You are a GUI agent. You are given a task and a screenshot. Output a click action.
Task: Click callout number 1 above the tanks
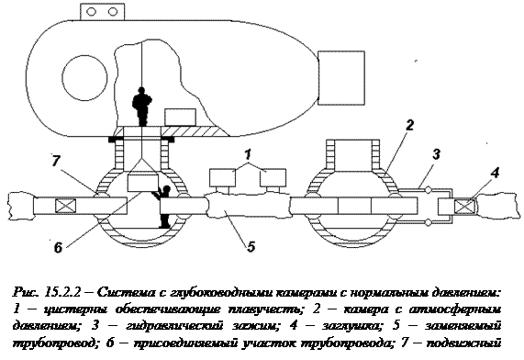(x=248, y=155)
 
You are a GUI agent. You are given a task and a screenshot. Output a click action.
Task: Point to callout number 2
(x=409, y=125)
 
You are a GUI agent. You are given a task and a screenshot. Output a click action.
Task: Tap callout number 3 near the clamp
(x=436, y=154)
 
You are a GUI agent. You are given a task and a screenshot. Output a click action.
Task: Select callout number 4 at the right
(x=495, y=173)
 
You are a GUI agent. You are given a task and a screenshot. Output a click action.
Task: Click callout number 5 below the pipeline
(x=251, y=246)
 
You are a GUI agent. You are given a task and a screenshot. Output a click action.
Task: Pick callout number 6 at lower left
(x=58, y=248)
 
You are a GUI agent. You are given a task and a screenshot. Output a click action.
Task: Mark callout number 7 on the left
(x=55, y=161)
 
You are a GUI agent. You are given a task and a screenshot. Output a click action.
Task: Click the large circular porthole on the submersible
(x=84, y=78)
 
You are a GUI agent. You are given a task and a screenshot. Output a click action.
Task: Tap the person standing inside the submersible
(x=142, y=107)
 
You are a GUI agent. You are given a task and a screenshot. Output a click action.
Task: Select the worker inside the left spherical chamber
(x=163, y=207)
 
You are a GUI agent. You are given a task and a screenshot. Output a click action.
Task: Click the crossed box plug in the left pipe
(x=65, y=206)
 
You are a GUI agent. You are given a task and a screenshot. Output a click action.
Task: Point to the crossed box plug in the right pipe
(x=464, y=205)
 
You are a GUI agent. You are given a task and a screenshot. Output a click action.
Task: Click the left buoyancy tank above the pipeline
(x=223, y=177)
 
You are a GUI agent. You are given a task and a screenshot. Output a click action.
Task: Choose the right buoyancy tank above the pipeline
(x=273, y=177)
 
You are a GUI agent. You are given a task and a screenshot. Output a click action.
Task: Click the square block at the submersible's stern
(x=340, y=78)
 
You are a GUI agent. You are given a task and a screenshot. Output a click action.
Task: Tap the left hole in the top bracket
(x=91, y=12)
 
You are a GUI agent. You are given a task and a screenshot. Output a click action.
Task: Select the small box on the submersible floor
(x=180, y=118)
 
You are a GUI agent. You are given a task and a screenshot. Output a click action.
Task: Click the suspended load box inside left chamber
(x=142, y=183)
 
